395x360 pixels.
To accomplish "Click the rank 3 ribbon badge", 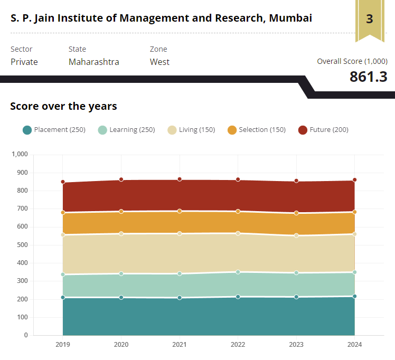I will [x=369, y=20].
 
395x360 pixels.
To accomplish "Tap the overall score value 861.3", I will [x=368, y=77].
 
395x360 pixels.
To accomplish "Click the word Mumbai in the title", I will [x=290, y=18].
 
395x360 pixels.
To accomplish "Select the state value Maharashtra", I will [x=93, y=62].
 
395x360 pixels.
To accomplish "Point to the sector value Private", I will [x=24, y=62].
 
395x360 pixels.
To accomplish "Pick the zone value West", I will [x=159, y=62].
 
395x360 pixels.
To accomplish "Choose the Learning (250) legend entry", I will [x=127, y=130].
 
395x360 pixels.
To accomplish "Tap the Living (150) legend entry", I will [x=191, y=130].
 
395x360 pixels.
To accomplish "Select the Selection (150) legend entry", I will [x=257, y=130].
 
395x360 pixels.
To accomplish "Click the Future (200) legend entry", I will [x=323, y=130].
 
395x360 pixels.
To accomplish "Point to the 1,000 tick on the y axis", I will [x=19, y=154].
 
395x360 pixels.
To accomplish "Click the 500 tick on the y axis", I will [x=22, y=245].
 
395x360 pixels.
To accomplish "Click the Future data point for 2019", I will [x=63, y=182].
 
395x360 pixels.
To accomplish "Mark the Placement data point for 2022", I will [x=238, y=297].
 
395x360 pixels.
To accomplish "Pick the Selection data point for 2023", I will [x=296, y=213].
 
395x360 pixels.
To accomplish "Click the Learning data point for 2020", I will [x=121, y=273].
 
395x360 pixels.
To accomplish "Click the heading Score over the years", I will [x=63, y=106].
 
